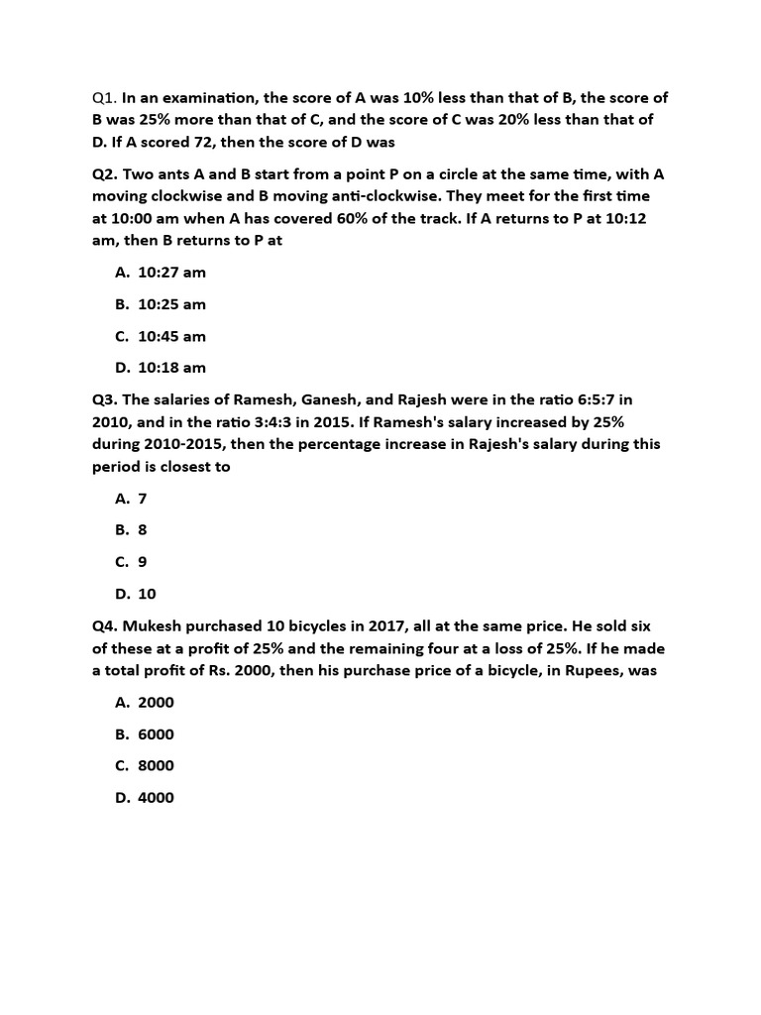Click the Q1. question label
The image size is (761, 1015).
tap(105, 97)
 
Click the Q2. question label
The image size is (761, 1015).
tap(105, 174)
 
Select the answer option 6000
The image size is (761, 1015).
tap(156, 734)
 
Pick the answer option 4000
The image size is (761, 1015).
tap(156, 798)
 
